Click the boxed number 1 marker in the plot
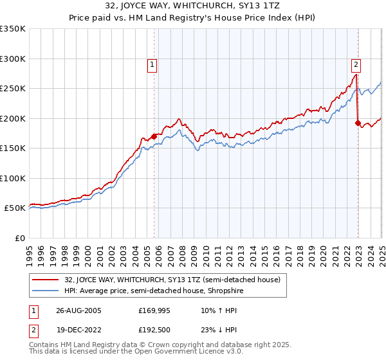pyautogui.click(x=152, y=64)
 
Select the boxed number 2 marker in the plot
pyautogui.click(x=356, y=64)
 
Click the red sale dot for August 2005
pyautogui.click(x=154, y=136)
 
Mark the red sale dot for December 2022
pyautogui.click(x=358, y=123)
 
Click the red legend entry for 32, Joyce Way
pyautogui.click(x=172, y=280)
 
